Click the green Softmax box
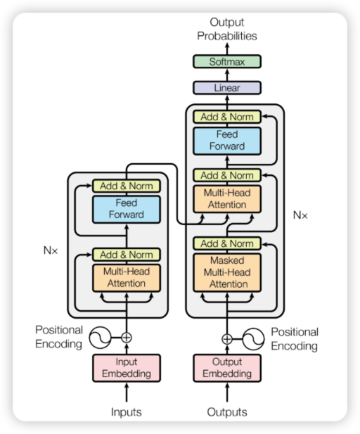tap(227, 61)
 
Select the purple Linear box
tap(227, 88)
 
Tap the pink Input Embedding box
tap(127, 368)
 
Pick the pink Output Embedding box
tap(227, 368)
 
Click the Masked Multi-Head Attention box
tap(227, 272)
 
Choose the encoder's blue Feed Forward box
tap(127, 209)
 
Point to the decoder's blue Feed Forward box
tap(227, 141)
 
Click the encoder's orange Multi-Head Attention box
tap(127, 278)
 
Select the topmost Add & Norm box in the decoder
tap(227, 117)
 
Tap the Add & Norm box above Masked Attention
tap(227, 243)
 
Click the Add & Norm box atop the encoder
tap(127, 186)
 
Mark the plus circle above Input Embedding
tap(127, 338)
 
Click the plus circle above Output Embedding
tap(227, 339)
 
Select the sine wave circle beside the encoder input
tap(100, 338)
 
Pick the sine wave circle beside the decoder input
tap(253, 339)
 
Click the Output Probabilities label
tap(227, 29)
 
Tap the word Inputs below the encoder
tap(127, 412)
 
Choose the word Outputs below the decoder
tap(227, 412)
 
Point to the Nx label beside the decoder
tap(300, 215)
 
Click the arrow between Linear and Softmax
tap(227, 75)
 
